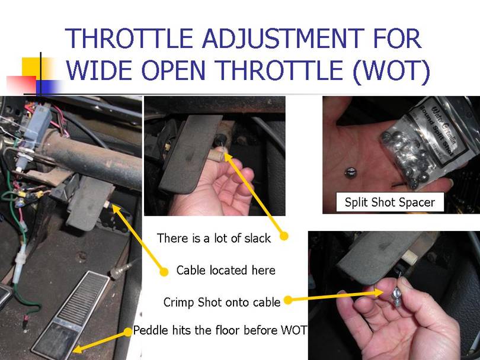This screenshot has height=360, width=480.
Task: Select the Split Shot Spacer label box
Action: click(x=389, y=202)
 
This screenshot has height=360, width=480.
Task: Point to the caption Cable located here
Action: click(x=226, y=271)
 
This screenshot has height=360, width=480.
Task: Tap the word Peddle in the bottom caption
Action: click(x=151, y=330)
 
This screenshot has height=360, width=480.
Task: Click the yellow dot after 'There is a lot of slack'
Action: click(x=283, y=236)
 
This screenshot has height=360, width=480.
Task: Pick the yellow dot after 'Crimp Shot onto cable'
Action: click(x=287, y=300)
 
